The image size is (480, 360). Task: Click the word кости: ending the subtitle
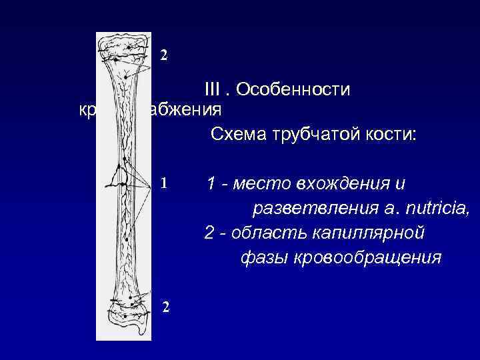pyautogui.click(x=391, y=135)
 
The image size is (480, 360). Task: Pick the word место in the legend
pyautogui.click(x=263, y=183)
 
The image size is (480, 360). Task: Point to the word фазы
pyautogui.click(x=261, y=258)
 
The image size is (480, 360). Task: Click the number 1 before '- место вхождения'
pyautogui.click(x=211, y=183)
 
